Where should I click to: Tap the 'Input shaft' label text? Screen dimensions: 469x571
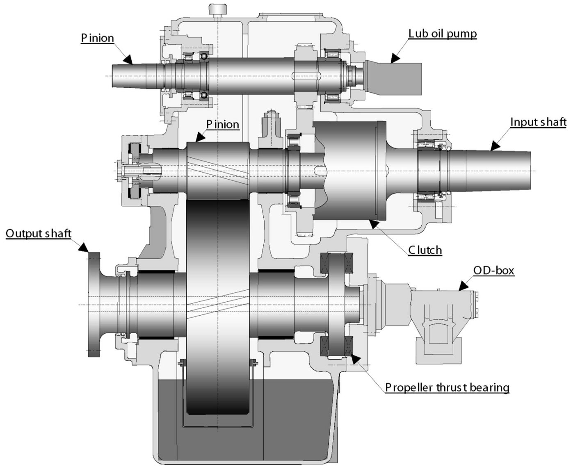(538, 122)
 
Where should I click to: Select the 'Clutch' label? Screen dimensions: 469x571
(425, 250)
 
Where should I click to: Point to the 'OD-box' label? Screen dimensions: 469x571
(493, 270)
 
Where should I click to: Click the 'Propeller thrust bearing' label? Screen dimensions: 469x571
(447, 387)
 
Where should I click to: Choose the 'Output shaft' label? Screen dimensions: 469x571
(39, 233)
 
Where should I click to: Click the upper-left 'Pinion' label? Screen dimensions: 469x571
(97, 38)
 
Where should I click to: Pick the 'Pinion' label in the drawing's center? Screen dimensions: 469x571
(222, 124)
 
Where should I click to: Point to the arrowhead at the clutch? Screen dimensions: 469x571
(372, 223)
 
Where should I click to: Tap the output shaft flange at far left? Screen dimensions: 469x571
(94, 304)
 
